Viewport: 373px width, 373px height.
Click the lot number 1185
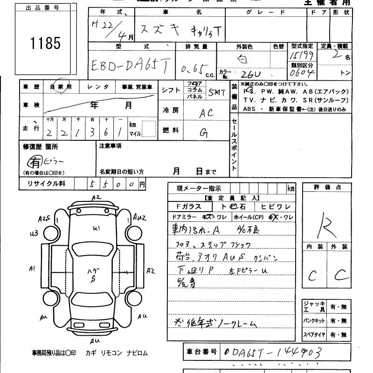46,44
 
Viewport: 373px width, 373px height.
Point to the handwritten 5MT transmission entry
216,92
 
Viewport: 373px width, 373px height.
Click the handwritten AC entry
206,112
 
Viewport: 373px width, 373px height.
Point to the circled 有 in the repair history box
35,161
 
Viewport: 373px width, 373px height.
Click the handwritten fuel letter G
204,132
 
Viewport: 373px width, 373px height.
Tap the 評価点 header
327,187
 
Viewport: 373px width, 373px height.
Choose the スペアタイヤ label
314,334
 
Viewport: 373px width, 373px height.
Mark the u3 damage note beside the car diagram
33,234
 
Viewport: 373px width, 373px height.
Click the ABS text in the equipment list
249,109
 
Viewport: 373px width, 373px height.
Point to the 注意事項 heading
111,146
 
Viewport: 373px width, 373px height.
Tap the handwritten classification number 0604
303,73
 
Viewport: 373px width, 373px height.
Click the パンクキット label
314,321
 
